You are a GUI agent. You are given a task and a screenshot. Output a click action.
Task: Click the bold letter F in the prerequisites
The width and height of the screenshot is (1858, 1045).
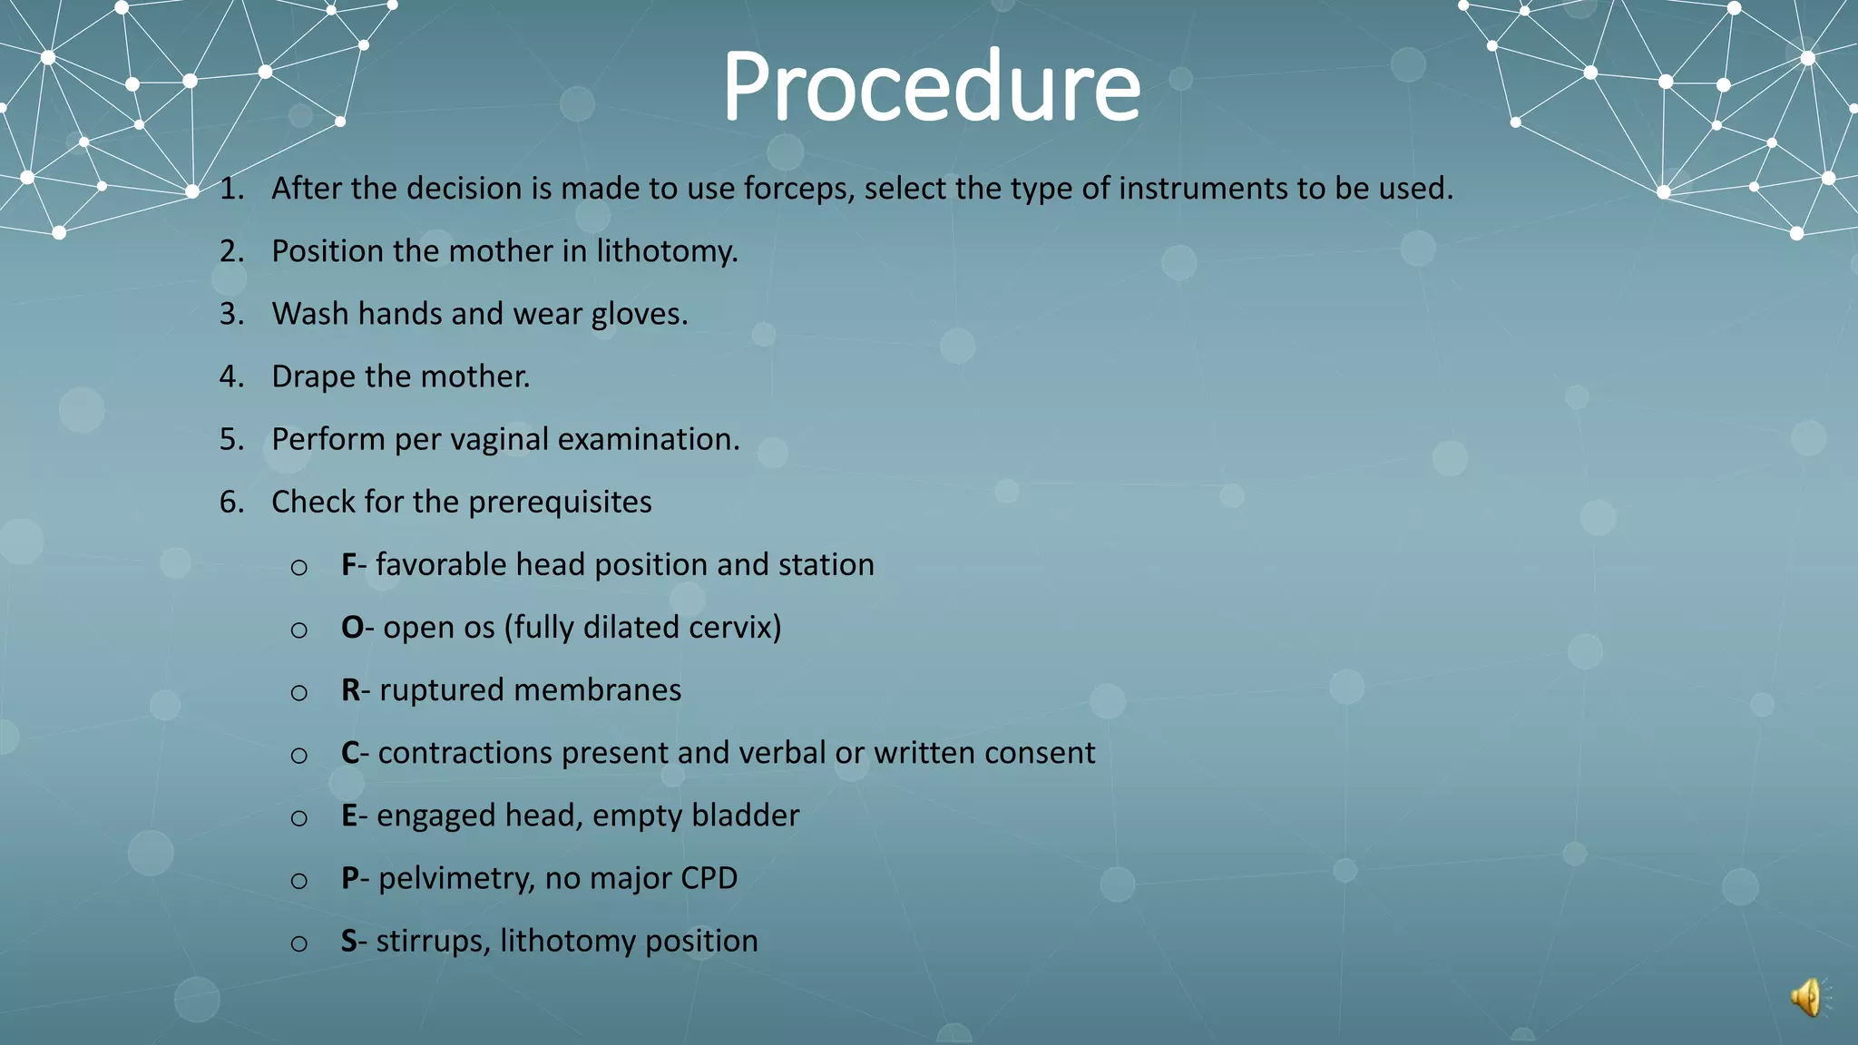coord(348,565)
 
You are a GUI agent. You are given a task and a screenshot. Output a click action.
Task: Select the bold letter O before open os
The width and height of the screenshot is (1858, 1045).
coord(352,628)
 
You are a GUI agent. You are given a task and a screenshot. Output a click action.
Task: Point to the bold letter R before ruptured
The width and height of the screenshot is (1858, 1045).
coord(350,690)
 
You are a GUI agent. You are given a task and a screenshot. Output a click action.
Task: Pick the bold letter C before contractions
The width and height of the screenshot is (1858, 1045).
coord(350,753)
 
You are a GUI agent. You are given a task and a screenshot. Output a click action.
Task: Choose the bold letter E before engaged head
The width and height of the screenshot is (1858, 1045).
coord(348,815)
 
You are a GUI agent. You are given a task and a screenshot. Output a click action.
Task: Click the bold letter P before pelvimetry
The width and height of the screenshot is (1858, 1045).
coord(349,878)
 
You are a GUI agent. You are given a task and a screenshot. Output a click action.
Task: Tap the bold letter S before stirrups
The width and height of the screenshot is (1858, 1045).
coord(348,941)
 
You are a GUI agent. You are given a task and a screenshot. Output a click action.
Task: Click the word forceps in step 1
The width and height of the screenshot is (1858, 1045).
coord(798,189)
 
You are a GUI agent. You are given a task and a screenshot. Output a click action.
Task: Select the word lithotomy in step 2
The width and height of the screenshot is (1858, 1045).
coord(667,251)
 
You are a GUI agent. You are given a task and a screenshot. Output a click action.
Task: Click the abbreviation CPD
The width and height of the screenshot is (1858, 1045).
coord(709,878)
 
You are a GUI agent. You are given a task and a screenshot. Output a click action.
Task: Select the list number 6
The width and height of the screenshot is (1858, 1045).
coord(231,502)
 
